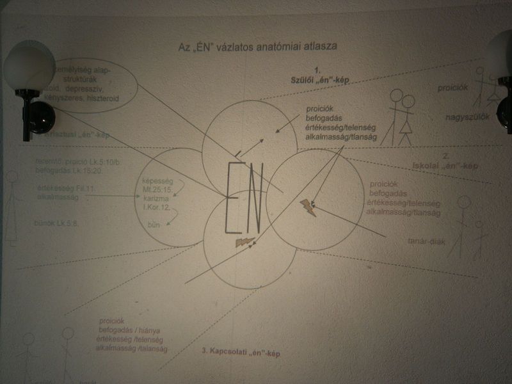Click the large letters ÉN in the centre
[243, 198]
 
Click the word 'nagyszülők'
[468, 116]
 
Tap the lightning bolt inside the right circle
[308, 206]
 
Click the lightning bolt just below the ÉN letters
[244, 242]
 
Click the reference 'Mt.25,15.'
[157, 190]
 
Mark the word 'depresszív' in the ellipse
[93, 90]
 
